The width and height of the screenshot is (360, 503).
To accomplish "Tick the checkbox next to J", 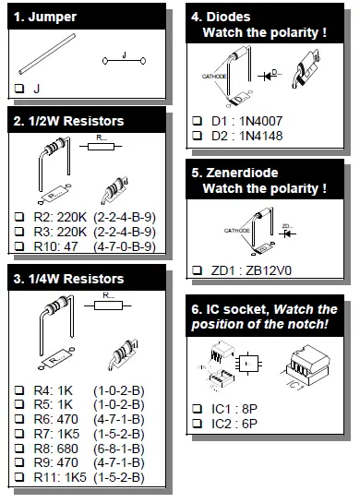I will pyautogui.click(x=20, y=89).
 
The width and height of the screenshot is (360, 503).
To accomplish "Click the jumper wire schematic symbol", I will pyautogui.click(x=123, y=61).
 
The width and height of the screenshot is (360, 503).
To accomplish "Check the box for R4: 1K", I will pyautogui.click(x=20, y=390).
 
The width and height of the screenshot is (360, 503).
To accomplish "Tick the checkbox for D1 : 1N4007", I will pyautogui.click(x=197, y=121).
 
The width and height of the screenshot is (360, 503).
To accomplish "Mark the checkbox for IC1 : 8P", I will pyautogui.click(x=197, y=407).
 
